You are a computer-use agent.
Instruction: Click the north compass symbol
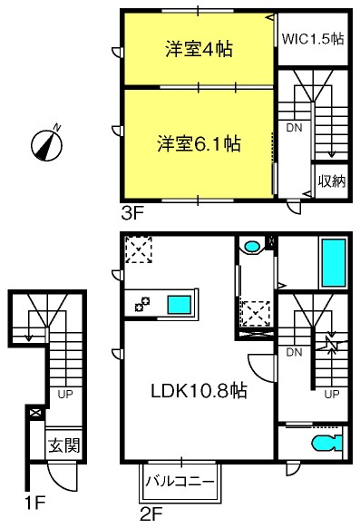click(47, 145)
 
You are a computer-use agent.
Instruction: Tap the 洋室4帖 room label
click(199, 49)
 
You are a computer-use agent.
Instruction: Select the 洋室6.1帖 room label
click(199, 143)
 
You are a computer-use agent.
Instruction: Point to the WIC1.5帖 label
click(313, 39)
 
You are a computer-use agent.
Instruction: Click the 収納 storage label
click(332, 181)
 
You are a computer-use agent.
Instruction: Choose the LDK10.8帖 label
click(199, 391)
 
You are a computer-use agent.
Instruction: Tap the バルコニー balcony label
click(180, 481)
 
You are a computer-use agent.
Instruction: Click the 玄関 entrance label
click(63, 445)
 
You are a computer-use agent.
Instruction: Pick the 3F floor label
click(132, 213)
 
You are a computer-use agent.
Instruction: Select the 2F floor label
click(151, 514)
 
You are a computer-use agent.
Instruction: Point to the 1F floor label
click(35, 504)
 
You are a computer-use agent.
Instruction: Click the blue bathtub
click(334, 263)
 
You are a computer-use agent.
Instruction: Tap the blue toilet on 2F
click(326, 443)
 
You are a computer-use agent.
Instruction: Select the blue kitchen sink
click(180, 305)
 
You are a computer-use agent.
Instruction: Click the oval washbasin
click(251, 247)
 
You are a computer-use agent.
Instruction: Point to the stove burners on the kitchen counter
click(142, 304)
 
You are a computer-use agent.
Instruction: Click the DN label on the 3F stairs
click(294, 128)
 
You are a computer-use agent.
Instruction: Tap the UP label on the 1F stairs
click(65, 394)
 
